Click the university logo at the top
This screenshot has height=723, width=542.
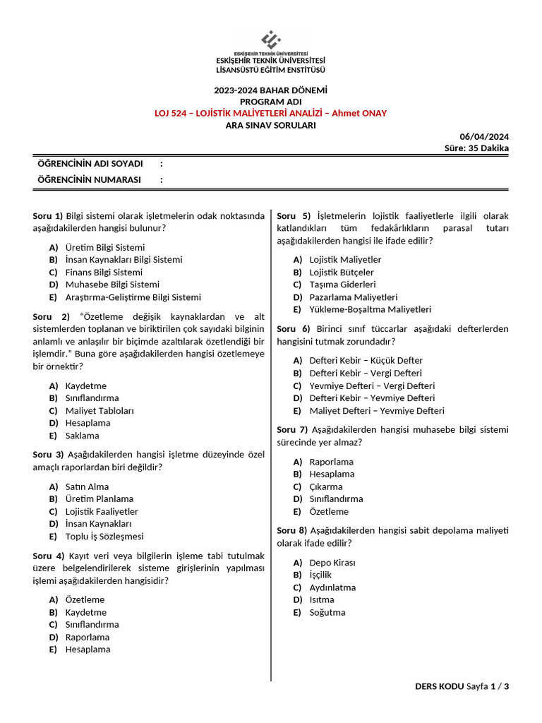coord(271,40)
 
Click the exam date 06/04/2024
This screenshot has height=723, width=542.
coord(484,136)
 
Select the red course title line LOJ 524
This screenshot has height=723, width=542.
coord(271,113)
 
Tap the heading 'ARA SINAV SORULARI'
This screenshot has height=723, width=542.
coord(271,125)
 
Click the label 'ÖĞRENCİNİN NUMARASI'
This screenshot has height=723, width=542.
coord(89,179)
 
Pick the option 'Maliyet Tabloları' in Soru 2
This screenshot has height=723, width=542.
coord(100,410)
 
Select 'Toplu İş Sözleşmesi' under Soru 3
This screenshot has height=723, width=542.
coord(104,536)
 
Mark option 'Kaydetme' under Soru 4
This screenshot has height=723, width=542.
coord(86,612)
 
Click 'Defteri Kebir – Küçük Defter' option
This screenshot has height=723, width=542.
coord(366,360)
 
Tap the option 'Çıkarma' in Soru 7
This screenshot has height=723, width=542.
coord(326,486)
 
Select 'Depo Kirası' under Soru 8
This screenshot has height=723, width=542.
coord(332,563)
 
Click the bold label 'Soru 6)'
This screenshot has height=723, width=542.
coord(294,329)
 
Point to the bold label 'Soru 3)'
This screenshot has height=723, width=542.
coord(49,455)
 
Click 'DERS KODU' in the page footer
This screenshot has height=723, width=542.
coord(439,686)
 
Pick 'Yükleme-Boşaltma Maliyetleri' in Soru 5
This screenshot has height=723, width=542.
coord(370,309)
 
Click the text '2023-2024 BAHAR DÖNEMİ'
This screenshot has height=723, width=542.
coord(271,90)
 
